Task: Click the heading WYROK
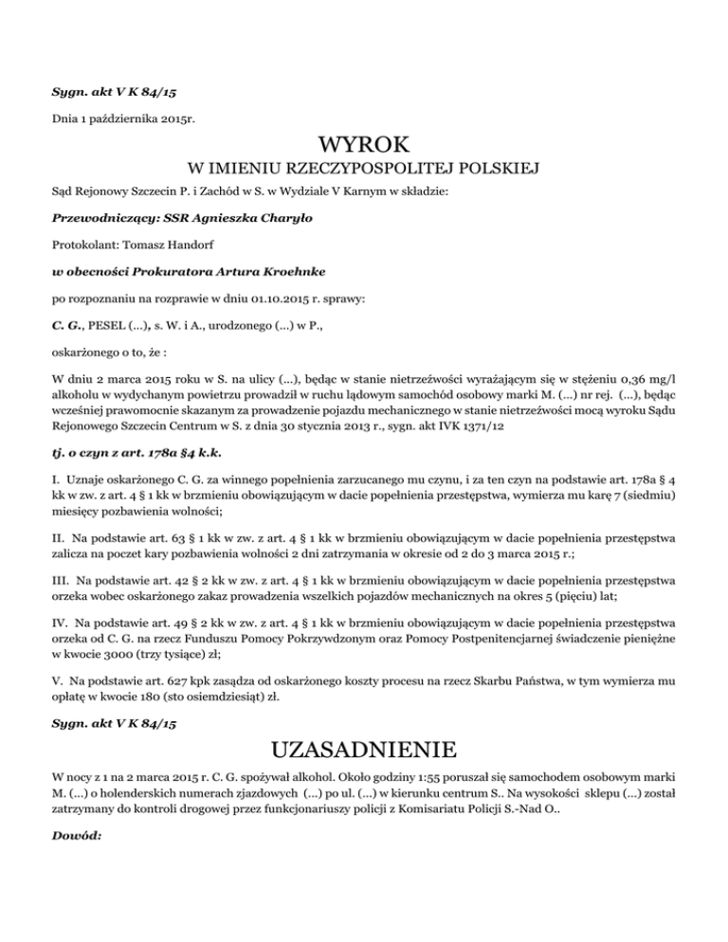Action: [364, 146]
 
